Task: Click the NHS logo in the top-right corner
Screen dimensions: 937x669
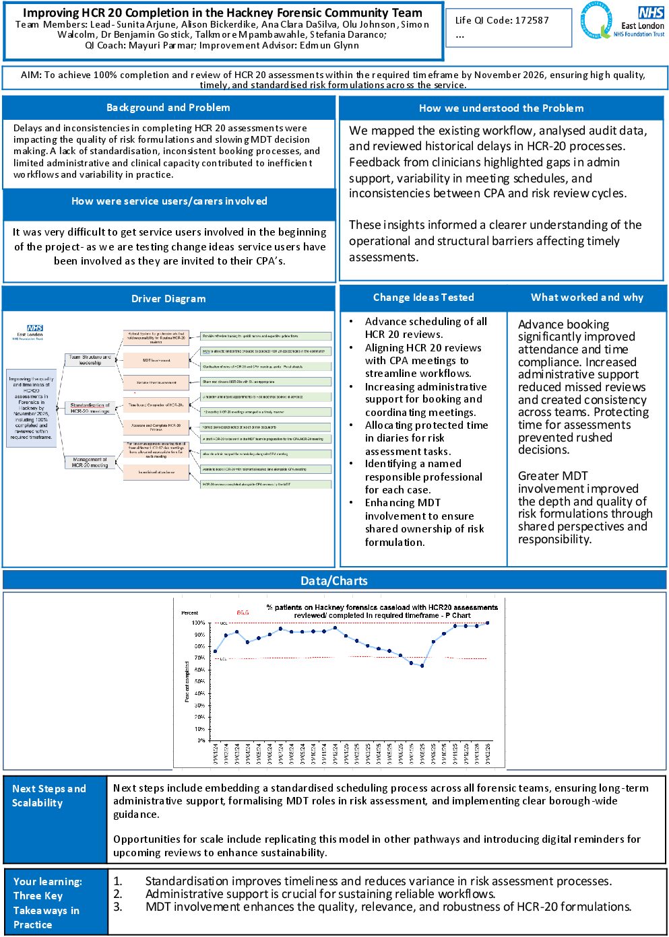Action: (651, 12)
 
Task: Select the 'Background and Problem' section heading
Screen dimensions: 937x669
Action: (168, 108)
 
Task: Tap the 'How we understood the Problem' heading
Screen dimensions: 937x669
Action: (501, 108)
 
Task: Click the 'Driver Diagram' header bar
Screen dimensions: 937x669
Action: (168, 299)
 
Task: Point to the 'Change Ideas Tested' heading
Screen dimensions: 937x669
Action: (424, 298)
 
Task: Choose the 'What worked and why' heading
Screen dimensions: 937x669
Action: (587, 298)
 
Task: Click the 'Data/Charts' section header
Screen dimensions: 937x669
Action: (334, 581)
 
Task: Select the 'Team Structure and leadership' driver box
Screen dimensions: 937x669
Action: (90, 360)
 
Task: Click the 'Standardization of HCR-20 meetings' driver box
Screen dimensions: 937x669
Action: (90, 408)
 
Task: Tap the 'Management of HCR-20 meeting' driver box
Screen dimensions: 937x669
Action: (90, 462)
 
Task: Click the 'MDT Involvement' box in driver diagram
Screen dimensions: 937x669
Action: (156, 361)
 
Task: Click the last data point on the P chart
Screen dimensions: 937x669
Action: (487, 623)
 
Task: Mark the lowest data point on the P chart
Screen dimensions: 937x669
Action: (422, 666)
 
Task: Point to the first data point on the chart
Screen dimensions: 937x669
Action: (215, 651)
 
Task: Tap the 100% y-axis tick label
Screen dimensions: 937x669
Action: (198, 623)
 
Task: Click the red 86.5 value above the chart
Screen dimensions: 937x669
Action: (243, 613)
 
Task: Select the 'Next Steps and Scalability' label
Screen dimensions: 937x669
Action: (49, 796)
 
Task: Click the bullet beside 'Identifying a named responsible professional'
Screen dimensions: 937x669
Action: (351, 464)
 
